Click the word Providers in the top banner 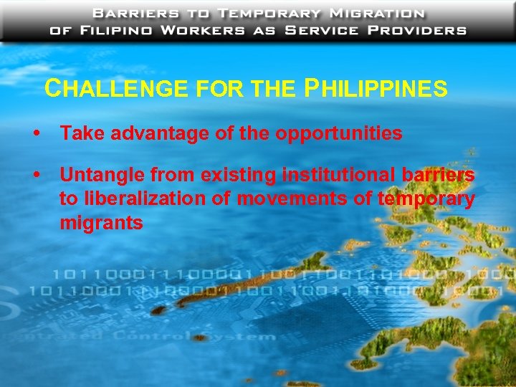[x=418, y=30]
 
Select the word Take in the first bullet [x=77, y=133]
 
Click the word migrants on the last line [x=101, y=223]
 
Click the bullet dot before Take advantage [x=35, y=134]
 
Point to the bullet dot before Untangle [x=35, y=176]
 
